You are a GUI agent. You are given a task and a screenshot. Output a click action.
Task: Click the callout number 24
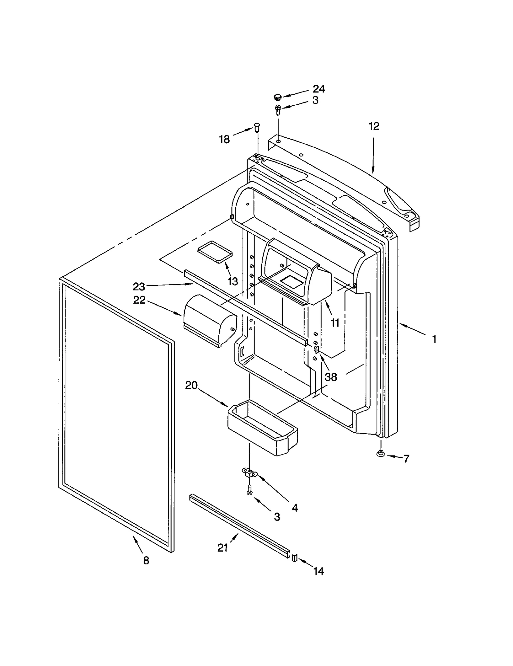(x=319, y=89)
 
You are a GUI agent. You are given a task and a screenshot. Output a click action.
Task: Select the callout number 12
(x=374, y=126)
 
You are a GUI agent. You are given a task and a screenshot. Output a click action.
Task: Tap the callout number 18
(x=224, y=139)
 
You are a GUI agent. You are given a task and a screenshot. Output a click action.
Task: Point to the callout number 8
(x=146, y=560)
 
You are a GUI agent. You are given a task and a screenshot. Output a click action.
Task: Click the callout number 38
(x=331, y=376)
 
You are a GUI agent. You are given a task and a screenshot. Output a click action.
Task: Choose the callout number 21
(x=223, y=548)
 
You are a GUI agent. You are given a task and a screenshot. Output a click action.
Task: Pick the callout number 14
(x=318, y=571)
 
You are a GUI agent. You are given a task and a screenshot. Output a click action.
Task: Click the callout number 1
(x=434, y=339)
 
